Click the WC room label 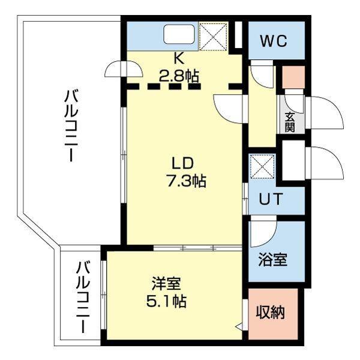point(274,41)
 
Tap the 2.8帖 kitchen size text point(179,76)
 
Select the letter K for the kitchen point(178,59)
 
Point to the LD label point(183,163)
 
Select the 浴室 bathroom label point(273,260)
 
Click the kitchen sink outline point(179,34)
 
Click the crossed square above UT point(262,166)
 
